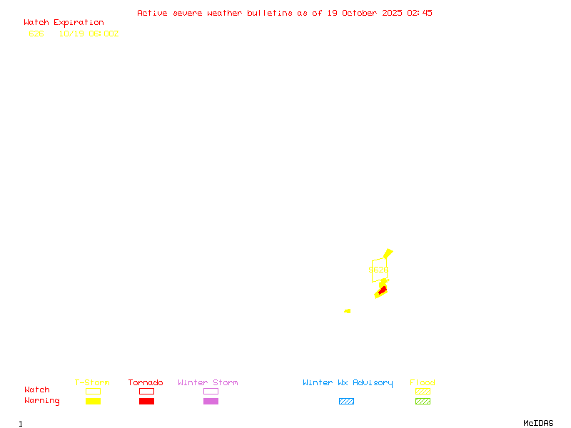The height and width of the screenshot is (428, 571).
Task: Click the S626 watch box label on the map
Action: (x=378, y=270)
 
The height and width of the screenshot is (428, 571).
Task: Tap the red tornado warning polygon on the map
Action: (x=383, y=290)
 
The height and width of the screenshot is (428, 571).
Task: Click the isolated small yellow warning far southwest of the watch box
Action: (x=348, y=311)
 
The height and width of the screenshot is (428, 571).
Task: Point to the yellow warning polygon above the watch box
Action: (x=388, y=253)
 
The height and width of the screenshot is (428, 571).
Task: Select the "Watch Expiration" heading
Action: (x=64, y=23)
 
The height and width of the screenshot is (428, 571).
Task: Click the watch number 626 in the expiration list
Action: (x=36, y=34)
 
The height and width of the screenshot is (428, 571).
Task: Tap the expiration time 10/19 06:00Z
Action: (x=89, y=34)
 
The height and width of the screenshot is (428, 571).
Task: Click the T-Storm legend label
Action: (x=92, y=383)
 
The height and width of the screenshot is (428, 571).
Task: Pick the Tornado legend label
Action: (x=146, y=383)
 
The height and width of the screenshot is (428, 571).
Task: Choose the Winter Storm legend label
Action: (x=208, y=383)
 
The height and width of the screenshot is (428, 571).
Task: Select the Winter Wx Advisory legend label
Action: (x=348, y=383)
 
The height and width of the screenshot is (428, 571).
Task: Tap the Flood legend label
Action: (x=423, y=383)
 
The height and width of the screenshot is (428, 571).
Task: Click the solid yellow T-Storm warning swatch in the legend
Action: (x=93, y=402)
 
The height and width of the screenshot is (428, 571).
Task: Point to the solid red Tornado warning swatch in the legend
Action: (x=146, y=402)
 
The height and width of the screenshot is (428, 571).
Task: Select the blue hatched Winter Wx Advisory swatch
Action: (x=346, y=402)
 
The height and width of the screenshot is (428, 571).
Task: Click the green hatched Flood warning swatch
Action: (x=423, y=402)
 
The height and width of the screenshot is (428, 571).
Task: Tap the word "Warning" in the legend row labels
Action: (x=42, y=401)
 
